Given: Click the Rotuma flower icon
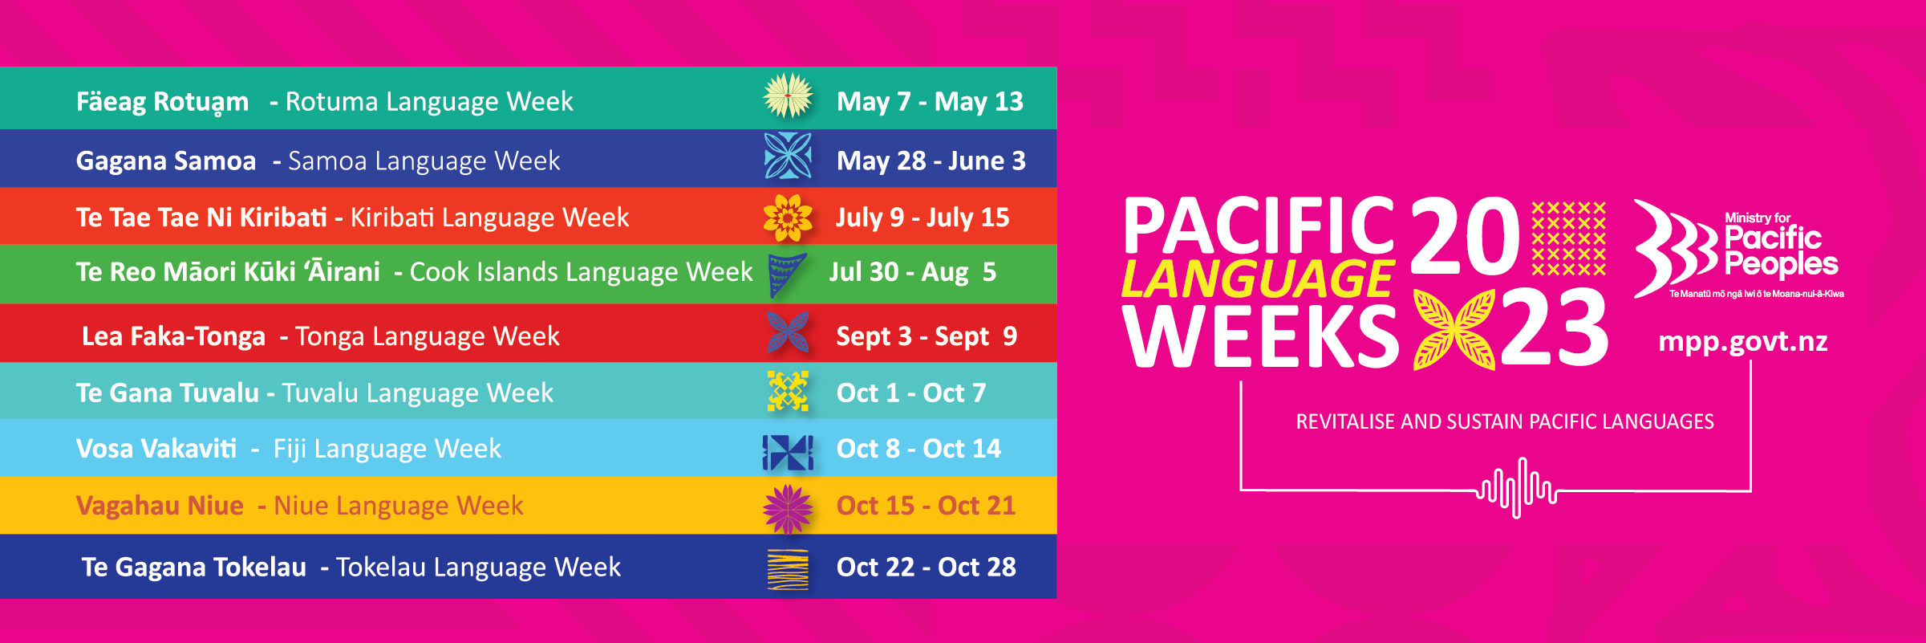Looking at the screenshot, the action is [788, 96].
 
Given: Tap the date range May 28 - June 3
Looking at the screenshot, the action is [931, 161].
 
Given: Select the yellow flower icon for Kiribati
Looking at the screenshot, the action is [788, 218].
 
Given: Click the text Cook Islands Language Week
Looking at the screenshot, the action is [582, 271].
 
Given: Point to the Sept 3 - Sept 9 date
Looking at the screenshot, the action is [927, 336].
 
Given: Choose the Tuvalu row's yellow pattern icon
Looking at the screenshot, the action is [788, 391].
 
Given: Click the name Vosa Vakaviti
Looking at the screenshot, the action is [156, 448].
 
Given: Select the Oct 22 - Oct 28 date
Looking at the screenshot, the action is [926, 567].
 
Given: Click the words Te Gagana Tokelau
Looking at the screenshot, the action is [194, 567].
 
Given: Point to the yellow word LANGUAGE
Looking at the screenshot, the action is [1258, 279].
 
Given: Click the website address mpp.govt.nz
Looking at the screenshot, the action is [1743, 342].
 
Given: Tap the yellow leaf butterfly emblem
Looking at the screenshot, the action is [1454, 329].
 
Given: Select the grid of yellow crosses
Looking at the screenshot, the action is [1568, 238].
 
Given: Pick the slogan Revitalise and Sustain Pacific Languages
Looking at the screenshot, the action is [1505, 421].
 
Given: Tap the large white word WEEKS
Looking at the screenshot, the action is [1260, 336].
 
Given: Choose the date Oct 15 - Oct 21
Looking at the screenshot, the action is [926, 505].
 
